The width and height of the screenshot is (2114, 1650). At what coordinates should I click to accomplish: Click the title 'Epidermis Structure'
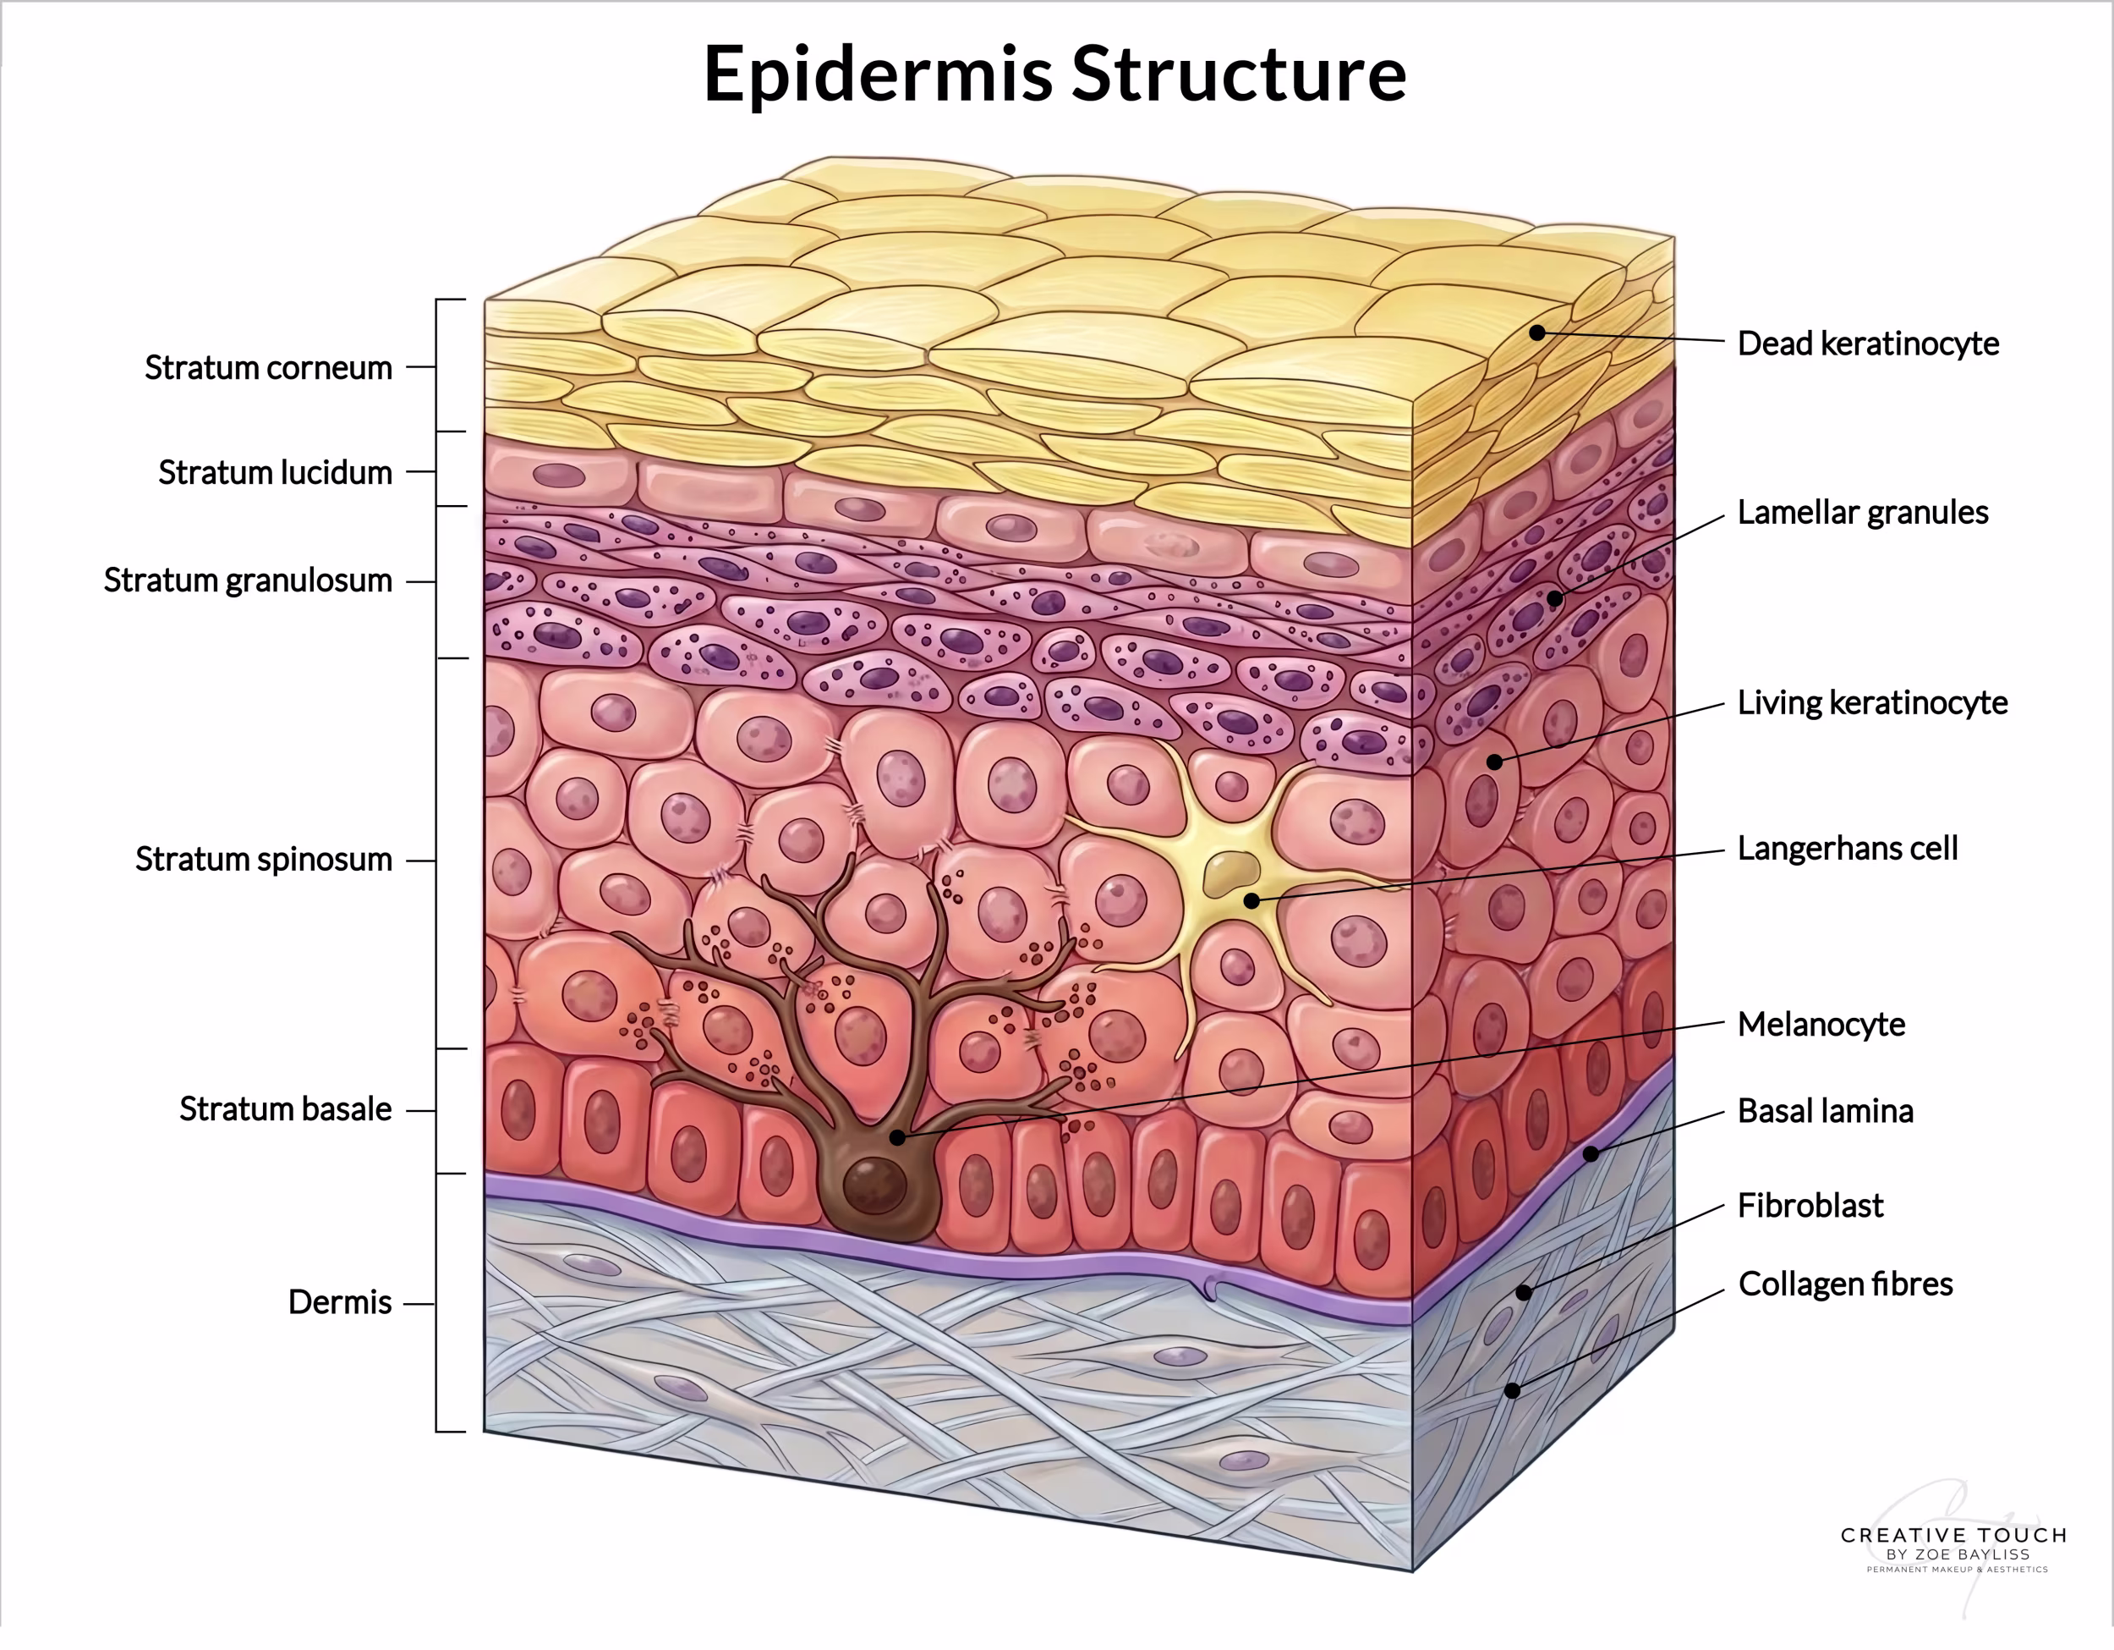coord(1054,74)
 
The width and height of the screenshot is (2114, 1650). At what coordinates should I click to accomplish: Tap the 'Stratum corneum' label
coord(268,368)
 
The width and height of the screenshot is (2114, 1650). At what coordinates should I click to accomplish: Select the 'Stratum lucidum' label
coord(275,472)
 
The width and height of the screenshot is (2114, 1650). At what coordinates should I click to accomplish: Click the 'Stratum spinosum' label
coord(263,859)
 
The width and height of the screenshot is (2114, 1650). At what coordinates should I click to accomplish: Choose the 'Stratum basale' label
coord(286,1108)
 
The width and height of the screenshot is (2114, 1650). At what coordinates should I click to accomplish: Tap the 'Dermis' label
coord(340,1302)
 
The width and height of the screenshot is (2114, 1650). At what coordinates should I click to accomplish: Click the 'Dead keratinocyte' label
coord(1868,344)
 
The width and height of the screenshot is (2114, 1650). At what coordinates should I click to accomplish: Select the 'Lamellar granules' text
coord(1862,512)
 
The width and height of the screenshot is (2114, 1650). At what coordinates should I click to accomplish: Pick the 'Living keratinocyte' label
coord(1872,703)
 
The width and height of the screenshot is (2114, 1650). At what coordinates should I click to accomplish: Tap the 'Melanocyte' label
coord(1821,1025)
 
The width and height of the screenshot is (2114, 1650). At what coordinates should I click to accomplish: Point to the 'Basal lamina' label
coord(1826,1111)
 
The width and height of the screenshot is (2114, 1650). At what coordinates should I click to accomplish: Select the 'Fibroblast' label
coord(1810,1206)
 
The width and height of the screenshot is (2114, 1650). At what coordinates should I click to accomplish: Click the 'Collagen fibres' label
coord(1845,1284)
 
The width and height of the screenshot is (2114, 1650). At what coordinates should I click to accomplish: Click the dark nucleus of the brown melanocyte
coord(875,1185)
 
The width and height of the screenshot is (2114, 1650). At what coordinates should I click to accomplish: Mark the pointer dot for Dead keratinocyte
coord(1537,333)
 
